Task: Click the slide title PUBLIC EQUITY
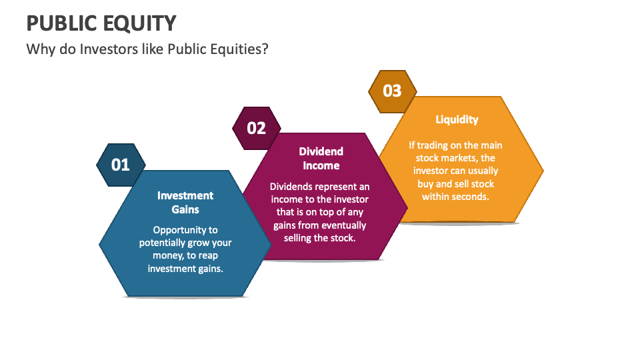pos(101,23)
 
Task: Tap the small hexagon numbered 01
pos(121,164)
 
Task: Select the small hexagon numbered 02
pos(257,127)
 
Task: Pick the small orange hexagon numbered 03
pos(393,91)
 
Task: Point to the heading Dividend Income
pos(321,158)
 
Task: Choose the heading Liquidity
pos(457,119)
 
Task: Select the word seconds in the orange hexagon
pos(469,197)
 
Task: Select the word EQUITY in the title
pos(139,23)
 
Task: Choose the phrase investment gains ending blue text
pos(185,268)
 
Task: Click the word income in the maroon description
pos(287,199)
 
